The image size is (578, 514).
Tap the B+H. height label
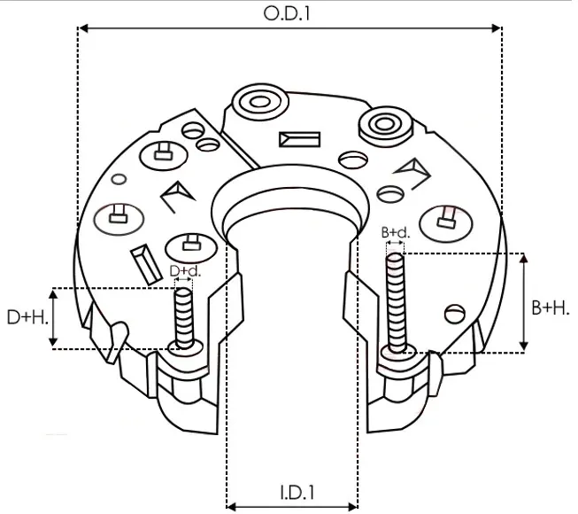coord(551,308)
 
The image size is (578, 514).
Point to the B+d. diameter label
coord(395,233)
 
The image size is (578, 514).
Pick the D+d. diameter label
coord(184,270)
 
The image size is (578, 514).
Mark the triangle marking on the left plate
coord(176,194)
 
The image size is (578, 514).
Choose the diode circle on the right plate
coord(447,217)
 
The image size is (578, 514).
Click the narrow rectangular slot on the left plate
coord(141,261)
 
